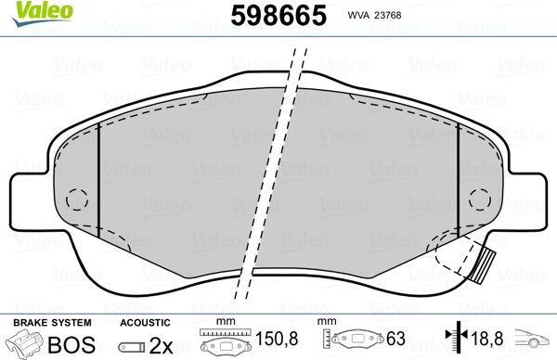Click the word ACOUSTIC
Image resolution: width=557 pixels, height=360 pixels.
(x=143, y=322)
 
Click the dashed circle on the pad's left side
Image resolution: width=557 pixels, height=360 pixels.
(x=76, y=199)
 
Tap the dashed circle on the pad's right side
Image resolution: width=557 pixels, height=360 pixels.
(x=480, y=199)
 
